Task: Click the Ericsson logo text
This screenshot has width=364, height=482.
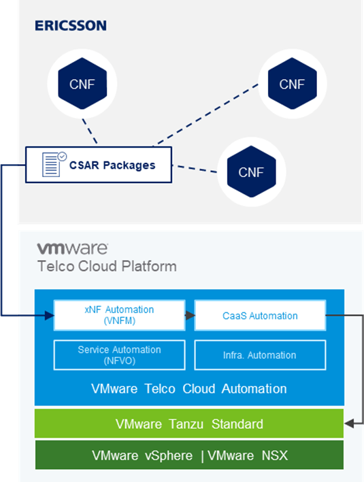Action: pyautogui.click(x=70, y=26)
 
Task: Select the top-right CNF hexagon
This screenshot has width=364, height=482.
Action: pyautogui.click(x=293, y=84)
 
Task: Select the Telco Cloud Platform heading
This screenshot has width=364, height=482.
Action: pyautogui.click(x=106, y=266)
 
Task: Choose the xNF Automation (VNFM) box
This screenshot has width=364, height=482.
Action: pyautogui.click(x=119, y=315)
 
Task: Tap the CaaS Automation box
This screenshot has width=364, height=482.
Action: pyautogui.click(x=260, y=315)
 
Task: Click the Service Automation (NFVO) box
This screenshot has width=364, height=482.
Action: pyautogui.click(x=119, y=355)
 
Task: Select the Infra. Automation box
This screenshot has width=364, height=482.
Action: pyautogui.click(x=260, y=355)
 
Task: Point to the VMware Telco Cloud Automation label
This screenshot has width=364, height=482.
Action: pyautogui.click(x=189, y=389)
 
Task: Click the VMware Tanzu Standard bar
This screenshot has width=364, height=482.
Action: pyautogui.click(x=189, y=424)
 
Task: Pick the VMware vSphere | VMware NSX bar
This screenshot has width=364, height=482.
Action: pyautogui.click(x=189, y=455)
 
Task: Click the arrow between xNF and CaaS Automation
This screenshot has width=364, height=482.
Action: pyautogui.click(x=189, y=315)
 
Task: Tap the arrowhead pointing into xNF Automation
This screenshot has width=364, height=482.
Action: pyautogui.click(x=49, y=315)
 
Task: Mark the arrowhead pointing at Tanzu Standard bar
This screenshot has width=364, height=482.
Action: pyautogui.click(x=349, y=424)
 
